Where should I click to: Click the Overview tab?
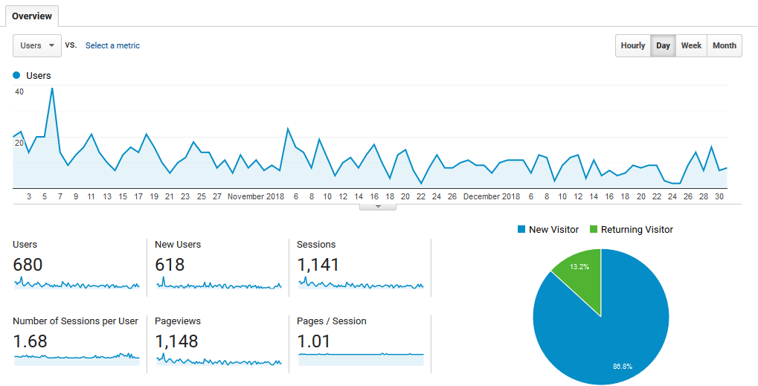32,16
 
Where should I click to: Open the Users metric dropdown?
36,45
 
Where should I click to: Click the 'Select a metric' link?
112,45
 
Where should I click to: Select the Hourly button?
633,45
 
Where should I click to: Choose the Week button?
691,45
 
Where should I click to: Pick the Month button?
724,45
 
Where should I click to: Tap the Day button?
663,45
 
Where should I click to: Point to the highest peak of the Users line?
52,89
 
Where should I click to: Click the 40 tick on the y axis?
19,92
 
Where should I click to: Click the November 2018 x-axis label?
256,196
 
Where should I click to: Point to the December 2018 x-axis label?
492,196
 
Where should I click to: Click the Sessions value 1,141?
318,264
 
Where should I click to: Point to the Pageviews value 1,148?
176,341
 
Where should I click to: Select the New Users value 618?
170,264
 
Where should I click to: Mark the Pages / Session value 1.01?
313,341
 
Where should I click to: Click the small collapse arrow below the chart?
378,207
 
